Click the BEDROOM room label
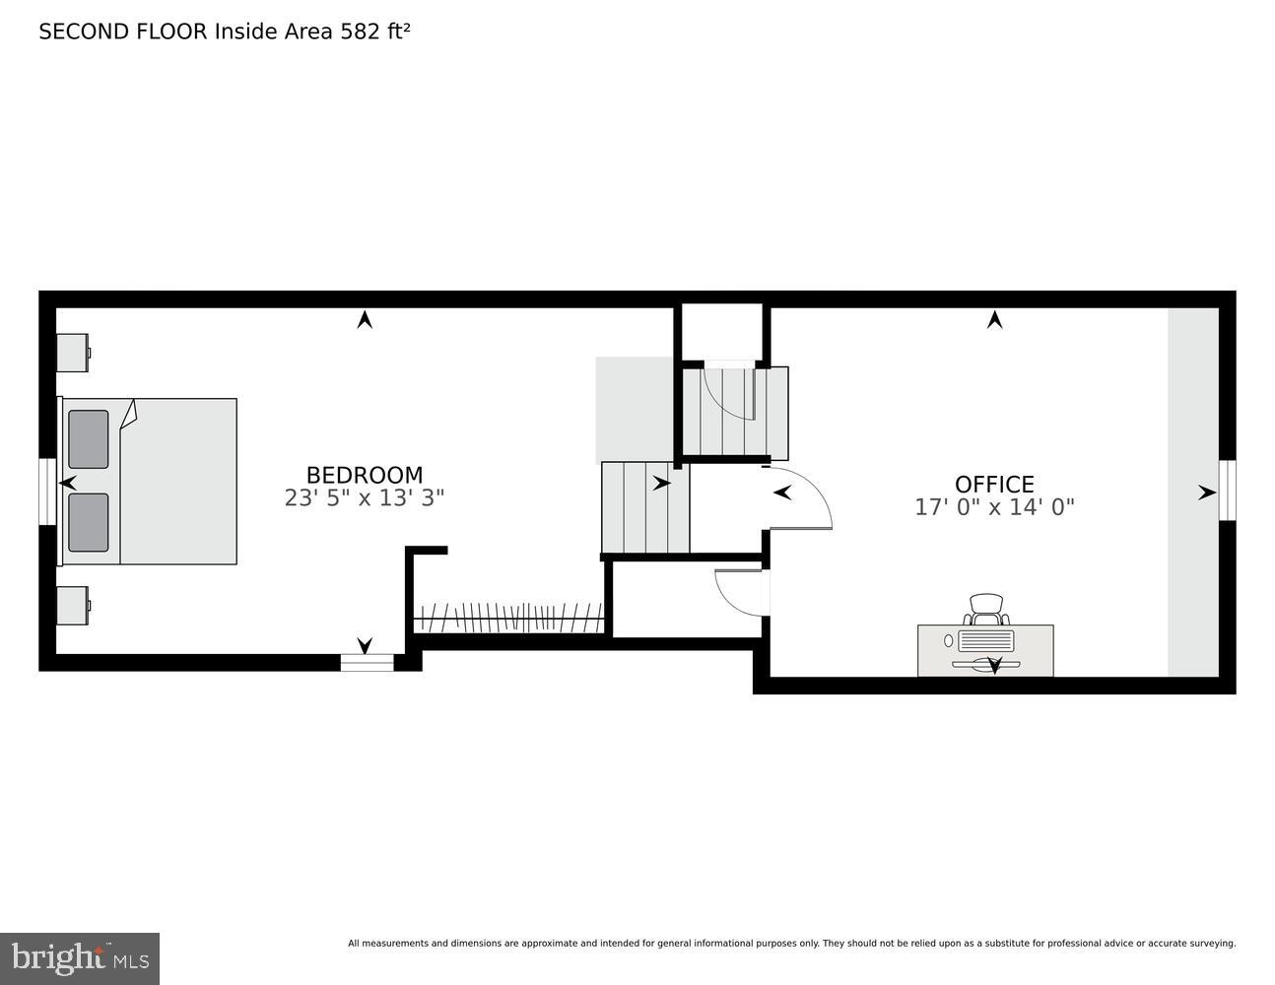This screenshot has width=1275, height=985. pyautogui.click(x=364, y=475)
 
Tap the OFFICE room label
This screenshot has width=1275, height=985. pyautogui.click(x=994, y=484)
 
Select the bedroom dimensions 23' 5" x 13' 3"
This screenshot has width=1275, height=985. pyautogui.click(x=364, y=498)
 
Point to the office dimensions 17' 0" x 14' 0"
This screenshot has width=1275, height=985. pyautogui.click(x=994, y=507)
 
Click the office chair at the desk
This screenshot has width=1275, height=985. pyautogui.click(x=986, y=609)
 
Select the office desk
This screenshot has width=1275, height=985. pyautogui.click(x=985, y=650)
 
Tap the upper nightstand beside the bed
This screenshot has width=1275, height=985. pyautogui.click(x=73, y=353)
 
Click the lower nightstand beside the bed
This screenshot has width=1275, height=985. pyautogui.click(x=73, y=606)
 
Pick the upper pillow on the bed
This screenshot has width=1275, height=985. pyautogui.click(x=89, y=439)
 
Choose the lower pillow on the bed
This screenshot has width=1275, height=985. pyautogui.click(x=89, y=522)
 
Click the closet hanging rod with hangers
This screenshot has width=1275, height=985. pyautogui.click(x=507, y=619)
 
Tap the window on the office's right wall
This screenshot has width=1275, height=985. pyautogui.click(x=1227, y=490)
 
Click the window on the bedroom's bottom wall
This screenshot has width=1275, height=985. pyautogui.click(x=367, y=663)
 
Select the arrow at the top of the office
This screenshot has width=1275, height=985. pyautogui.click(x=994, y=319)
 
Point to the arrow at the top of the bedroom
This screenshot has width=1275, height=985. pyautogui.click(x=365, y=319)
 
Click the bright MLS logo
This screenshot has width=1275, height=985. pyautogui.click(x=80, y=958)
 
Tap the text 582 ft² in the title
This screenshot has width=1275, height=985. pyautogui.click(x=374, y=32)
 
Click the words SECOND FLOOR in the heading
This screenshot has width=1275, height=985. pyautogui.click(x=123, y=32)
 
